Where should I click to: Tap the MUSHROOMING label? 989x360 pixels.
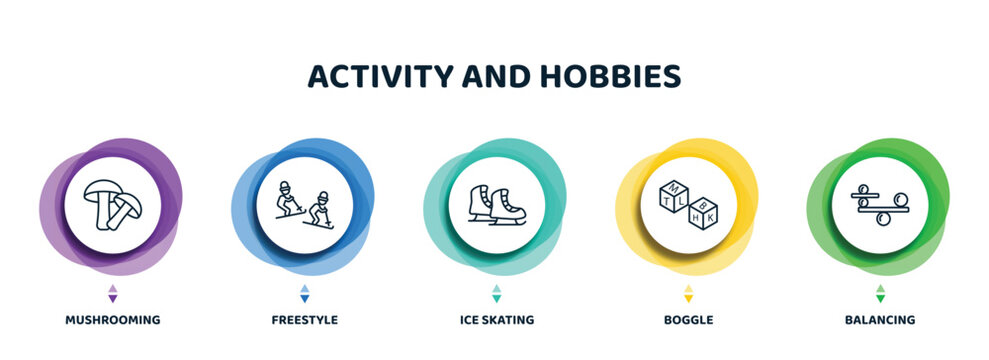click(x=112, y=320)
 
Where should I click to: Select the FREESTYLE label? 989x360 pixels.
click(x=304, y=320)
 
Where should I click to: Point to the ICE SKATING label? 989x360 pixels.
click(x=495, y=320)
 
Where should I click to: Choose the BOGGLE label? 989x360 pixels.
click(x=687, y=320)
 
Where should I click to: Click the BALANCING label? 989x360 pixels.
click(x=879, y=320)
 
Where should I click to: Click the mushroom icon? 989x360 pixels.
click(x=112, y=204)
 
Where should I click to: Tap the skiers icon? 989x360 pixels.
click(x=304, y=204)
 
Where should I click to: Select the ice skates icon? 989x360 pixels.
click(x=495, y=204)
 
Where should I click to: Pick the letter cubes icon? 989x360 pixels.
click(x=687, y=204)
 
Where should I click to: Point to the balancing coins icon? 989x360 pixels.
click(x=879, y=204)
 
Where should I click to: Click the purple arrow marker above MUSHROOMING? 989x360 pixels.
click(x=112, y=293)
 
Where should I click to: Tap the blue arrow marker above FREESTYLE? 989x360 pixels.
click(x=304, y=293)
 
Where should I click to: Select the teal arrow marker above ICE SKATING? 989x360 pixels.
click(x=496, y=293)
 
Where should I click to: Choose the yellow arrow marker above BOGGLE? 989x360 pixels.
click(x=687, y=293)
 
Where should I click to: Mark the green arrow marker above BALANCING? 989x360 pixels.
click(x=880, y=293)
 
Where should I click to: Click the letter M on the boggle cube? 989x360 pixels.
click(x=672, y=189)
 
